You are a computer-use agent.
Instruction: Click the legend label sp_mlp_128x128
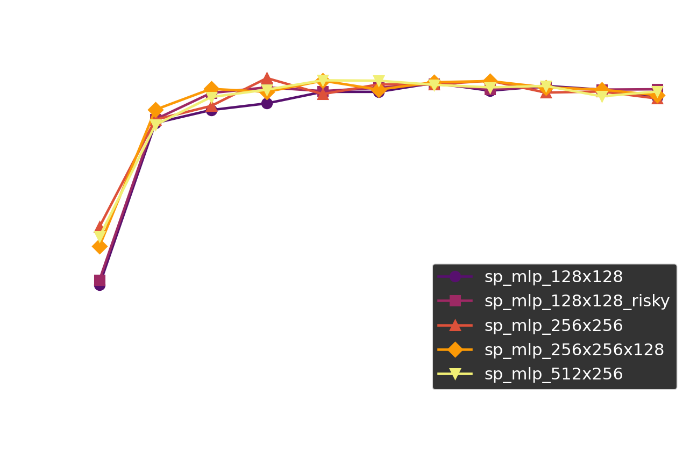click(553, 277)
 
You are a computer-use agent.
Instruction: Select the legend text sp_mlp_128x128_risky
click(577, 301)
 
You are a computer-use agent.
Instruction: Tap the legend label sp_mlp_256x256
click(553, 326)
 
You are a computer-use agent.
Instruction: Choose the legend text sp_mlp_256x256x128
click(574, 350)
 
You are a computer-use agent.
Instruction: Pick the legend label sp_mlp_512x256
click(553, 374)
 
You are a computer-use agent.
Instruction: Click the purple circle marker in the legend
click(455, 277)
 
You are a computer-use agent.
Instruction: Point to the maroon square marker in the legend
click(455, 301)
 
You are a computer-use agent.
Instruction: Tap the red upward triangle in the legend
click(455, 325)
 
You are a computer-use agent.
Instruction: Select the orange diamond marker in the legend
click(455, 350)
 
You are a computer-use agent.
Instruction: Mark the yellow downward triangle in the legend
click(455, 374)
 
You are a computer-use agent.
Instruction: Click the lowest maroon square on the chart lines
click(99, 280)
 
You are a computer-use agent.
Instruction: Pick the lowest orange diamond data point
click(99, 247)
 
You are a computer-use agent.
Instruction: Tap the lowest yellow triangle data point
click(99, 237)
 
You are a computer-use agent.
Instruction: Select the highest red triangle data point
click(267, 79)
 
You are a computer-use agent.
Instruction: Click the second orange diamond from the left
click(155, 110)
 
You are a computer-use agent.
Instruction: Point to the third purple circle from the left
click(211, 110)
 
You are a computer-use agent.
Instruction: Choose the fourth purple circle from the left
click(267, 103)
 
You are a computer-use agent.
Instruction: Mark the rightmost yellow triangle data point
click(657, 92)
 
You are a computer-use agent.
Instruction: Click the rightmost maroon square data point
click(657, 89)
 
